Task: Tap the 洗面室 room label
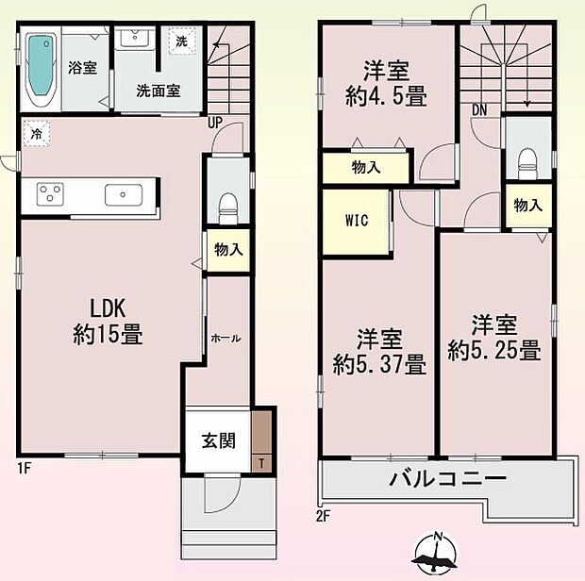(159, 91)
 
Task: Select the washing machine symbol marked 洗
(182, 41)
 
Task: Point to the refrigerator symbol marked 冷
(37, 133)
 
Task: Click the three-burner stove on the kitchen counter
(50, 194)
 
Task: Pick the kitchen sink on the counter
(124, 194)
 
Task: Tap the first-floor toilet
(228, 208)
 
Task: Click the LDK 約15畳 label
(108, 321)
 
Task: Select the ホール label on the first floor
(226, 339)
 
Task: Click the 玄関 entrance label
(219, 441)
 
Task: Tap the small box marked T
(262, 463)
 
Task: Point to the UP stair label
(215, 123)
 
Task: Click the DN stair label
(479, 110)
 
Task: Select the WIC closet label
(357, 221)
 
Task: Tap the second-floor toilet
(527, 163)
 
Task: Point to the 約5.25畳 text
(494, 350)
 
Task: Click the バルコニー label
(447, 478)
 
